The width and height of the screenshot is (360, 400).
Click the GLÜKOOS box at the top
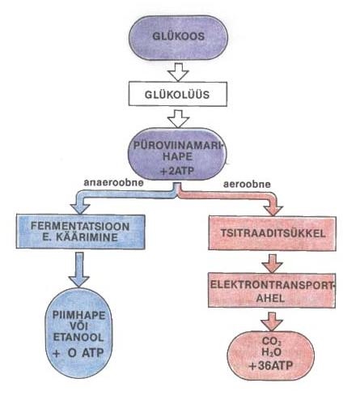click(x=178, y=37)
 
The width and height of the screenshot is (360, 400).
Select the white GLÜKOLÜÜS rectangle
click(x=178, y=94)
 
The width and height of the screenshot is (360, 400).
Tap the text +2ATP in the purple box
click(x=177, y=171)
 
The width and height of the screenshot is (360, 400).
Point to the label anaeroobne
click(x=113, y=182)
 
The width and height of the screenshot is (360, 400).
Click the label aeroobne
click(x=247, y=184)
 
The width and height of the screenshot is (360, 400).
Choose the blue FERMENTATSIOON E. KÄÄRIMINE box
click(x=80, y=232)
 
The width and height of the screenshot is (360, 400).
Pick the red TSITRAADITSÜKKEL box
click(x=273, y=233)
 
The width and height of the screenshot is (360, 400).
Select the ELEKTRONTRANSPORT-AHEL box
click(x=272, y=291)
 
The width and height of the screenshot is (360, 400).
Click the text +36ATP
click(x=271, y=366)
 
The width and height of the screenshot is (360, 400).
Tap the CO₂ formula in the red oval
click(x=272, y=342)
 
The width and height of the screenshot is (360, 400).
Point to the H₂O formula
click(x=271, y=352)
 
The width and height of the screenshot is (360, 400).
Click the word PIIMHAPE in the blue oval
click(x=78, y=315)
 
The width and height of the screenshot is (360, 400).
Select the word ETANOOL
click(x=78, y=338)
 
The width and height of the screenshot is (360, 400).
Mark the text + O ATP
click(x=78, y=352)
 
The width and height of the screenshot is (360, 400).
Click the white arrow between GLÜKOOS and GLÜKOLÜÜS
click(x=178, y=72)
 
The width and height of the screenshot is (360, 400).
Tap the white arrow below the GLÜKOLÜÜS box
click(x=178, y=118)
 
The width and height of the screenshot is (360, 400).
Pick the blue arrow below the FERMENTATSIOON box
click(x=78, y=270)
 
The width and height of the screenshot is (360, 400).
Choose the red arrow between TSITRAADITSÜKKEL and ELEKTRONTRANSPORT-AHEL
click(x=272, y=263)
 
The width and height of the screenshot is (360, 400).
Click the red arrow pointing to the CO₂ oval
click(x=272, y=321)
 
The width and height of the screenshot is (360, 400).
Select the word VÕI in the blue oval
click(x=78, y=326)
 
